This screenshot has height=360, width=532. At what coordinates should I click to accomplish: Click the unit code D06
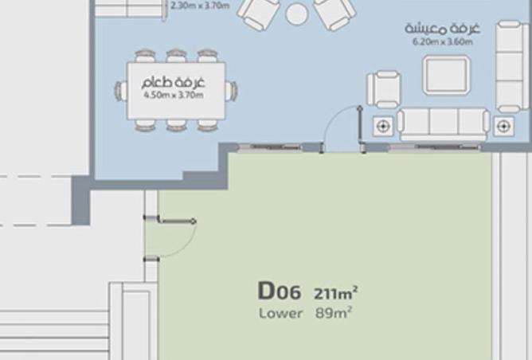tap(280, 292)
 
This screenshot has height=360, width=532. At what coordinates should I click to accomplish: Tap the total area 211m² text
tap(335, 293)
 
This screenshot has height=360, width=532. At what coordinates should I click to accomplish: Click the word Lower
tap(280, 313)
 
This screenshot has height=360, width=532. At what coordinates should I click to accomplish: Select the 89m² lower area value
tap(333, 313)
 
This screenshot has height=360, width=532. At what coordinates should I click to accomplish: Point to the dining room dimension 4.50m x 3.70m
tap(174, 95)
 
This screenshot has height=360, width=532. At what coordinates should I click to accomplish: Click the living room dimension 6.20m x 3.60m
tap(443, 41)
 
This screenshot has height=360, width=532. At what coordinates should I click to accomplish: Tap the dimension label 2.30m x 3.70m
tap(200, 6)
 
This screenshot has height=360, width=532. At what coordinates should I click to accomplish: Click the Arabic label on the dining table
tap(174, 82)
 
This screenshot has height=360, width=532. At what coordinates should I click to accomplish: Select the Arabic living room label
tap(443, 29)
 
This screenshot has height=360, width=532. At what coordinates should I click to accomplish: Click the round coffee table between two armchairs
tap(297, 14)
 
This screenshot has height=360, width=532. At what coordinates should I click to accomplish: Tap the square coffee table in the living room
tap(446, 75)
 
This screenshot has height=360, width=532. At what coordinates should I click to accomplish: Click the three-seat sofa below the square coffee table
tap(444, 123)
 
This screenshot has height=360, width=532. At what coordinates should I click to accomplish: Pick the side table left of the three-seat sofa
tap(383, 126)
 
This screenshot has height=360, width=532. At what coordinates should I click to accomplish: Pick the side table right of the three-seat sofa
tap(503, 127)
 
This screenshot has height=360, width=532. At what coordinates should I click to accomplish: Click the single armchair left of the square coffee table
tap(384, 89)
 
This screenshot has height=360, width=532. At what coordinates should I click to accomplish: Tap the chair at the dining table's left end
tap(121, 91)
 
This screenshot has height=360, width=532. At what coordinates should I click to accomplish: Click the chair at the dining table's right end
tap(231, 91)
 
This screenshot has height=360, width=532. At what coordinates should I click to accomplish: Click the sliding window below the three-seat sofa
tap(435, 147)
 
